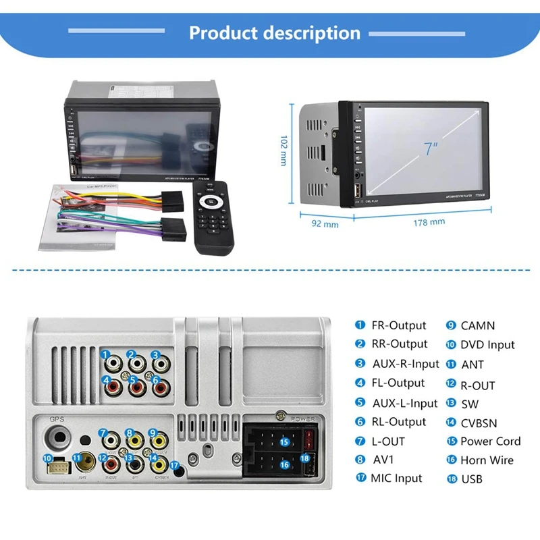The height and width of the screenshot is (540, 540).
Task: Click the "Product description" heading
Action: [x=275, y=33]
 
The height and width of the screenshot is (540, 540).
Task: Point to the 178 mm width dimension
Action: [x=429, y=221]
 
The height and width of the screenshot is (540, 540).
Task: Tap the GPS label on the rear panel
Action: [x=56, y=418]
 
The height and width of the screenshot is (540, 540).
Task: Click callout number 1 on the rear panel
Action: [x=106, y=354]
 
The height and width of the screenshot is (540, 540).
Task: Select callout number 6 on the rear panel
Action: [x=156, y=381]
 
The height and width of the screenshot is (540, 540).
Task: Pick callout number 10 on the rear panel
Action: [x=47, y=458]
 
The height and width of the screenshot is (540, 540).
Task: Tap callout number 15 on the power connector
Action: [x=284, y=441]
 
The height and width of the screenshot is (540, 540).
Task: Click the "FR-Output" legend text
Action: [x=399, y=325]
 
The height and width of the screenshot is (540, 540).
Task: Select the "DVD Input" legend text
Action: [x=487, y=344]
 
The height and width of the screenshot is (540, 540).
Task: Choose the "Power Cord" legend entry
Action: [x=490, y=441]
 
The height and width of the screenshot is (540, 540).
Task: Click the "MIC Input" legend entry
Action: [x=396, y=478]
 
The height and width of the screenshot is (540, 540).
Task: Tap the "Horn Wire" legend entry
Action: [x=487, y=460]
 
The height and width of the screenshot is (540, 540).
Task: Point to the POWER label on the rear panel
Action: [x=303, y=418]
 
